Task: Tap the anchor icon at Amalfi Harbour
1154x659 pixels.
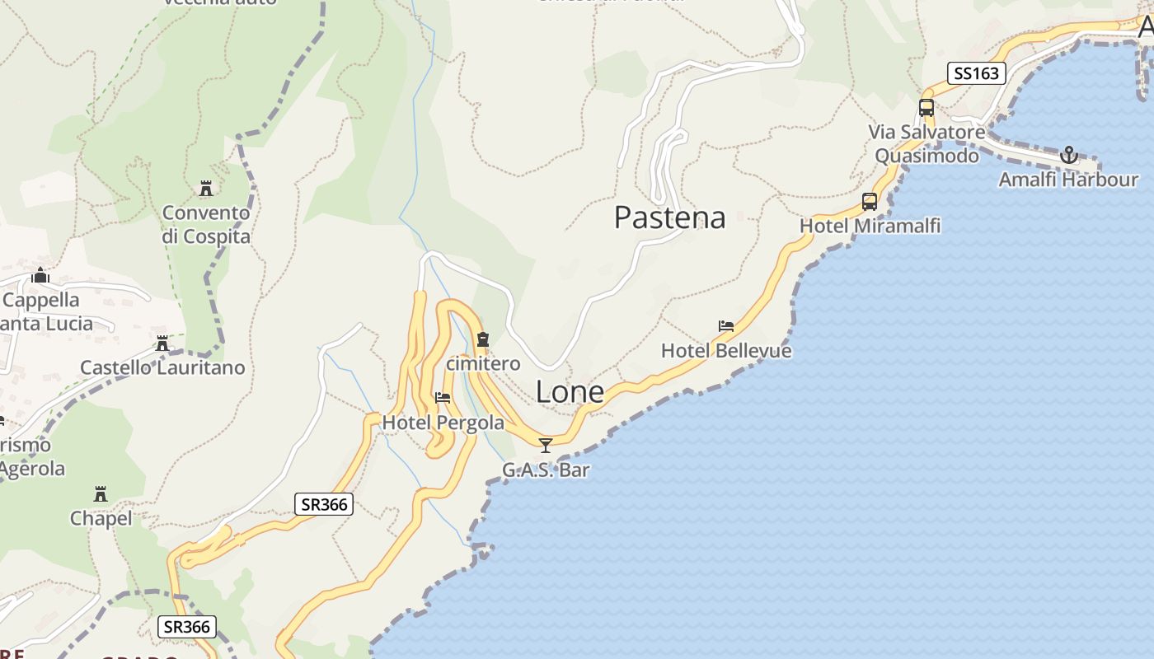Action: (1068, 155)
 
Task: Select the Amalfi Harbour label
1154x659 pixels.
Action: (1068, 180)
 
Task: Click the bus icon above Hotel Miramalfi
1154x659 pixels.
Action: (870, 202)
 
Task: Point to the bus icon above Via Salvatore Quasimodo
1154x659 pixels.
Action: (926, 108)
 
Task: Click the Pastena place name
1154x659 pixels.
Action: (669, 217)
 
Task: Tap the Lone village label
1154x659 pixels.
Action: (570, 392)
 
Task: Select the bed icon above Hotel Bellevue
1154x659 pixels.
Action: (726, 326)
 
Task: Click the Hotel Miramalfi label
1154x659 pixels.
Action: (870, 226)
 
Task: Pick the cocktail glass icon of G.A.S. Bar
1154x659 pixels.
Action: (545, 446)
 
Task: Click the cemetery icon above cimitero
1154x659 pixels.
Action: (483, 339)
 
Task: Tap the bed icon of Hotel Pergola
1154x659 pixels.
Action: (443, 398)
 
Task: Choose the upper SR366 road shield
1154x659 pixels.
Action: (324, 504)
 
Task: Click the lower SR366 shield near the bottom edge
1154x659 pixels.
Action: (187, 627)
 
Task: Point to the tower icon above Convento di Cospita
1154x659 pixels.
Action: (206, 189)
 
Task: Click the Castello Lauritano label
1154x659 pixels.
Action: (162, 367)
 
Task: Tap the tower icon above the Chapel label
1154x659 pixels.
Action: (101, 494)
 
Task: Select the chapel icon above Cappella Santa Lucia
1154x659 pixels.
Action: (40, 275)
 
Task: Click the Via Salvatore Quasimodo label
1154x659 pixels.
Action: (926, 143)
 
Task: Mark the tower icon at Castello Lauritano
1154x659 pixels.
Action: (162, 344)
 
